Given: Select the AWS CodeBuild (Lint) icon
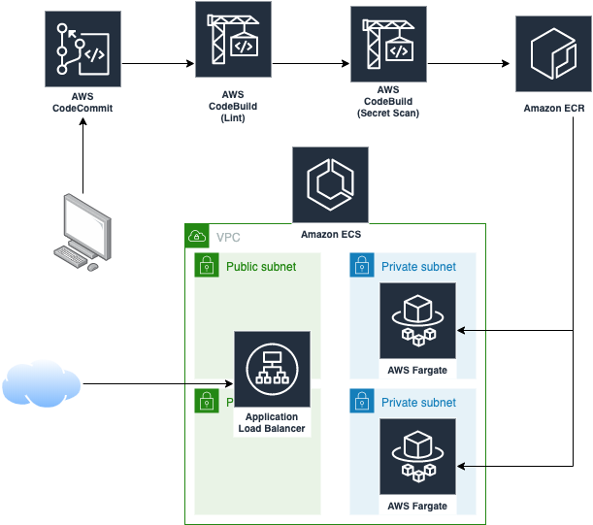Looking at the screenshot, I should [233, 40].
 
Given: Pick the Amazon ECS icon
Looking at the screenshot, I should [331, 184].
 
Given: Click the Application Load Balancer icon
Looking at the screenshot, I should [272, 370].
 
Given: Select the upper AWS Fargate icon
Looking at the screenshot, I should [417, 320].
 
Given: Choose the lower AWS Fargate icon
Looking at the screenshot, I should [417, 457].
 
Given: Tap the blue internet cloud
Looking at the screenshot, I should [41, 384].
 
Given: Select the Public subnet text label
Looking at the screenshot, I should [261, 266].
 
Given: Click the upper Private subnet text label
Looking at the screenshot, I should [418, 266].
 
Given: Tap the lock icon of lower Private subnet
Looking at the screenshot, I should [361, 401].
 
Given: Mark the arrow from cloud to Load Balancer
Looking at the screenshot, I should [155, 384].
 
